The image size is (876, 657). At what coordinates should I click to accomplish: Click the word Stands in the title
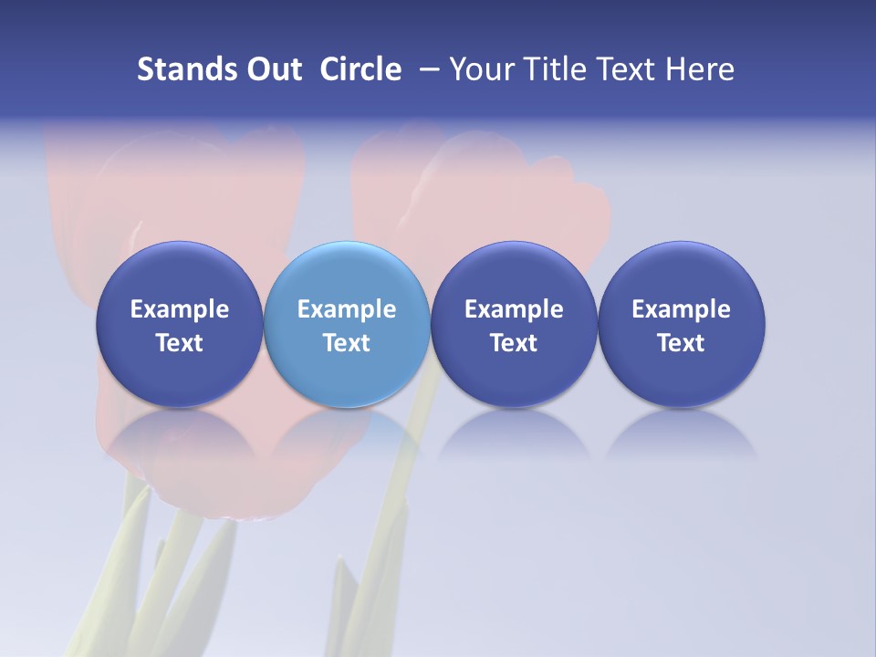pyautogui.click(x=175, y=69)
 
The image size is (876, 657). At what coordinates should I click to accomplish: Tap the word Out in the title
pyautogui.click(x=272, y=69)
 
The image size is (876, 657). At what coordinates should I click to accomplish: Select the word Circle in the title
pyautogui.click(x=360, y=69)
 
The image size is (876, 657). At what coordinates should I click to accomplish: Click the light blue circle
pyautogui.click(x=347, y=274)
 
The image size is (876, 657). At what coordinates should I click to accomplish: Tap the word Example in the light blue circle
pyautogui.click(x=347, y=309)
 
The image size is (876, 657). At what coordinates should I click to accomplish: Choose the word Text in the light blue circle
pyautogui.click(x=347, y=343)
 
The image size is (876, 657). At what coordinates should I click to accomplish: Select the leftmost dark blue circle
pyautogui.click(x=179, y=274)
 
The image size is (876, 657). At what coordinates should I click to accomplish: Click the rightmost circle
pyautogui.click(x=681, y=274)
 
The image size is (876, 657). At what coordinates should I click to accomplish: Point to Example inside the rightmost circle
pyautogui.click(x=681, y=309)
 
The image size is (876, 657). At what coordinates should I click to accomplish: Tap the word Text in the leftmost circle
pyautogui.click(x=179, y=343)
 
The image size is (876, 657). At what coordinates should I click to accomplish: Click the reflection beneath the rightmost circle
pyautogui.click(x=681, y=433)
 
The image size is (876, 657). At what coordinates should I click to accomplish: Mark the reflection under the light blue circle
pyautogui.click(x=347, y=433)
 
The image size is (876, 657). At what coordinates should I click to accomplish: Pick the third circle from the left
pyautogui.click(x=514, y=274)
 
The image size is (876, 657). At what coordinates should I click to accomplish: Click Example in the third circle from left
pyautogui.click(x=514, y=309)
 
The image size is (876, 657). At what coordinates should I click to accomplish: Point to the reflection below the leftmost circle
pyautogui.click(x=179, y=433)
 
